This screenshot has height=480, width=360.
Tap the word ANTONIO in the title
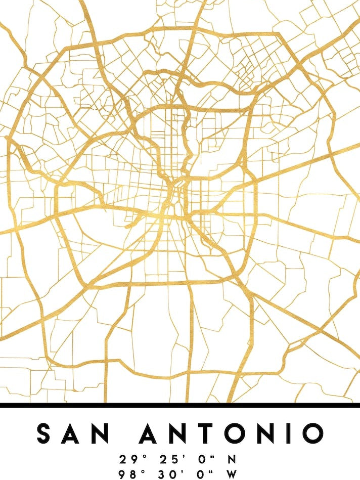(x=231, y=434)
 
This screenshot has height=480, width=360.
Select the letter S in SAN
(x=46, y=434)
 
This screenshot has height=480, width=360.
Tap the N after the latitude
(x=232, y=460)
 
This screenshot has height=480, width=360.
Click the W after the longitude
(x=232, y=474)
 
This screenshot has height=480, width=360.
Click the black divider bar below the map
(x=180, y=405)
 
